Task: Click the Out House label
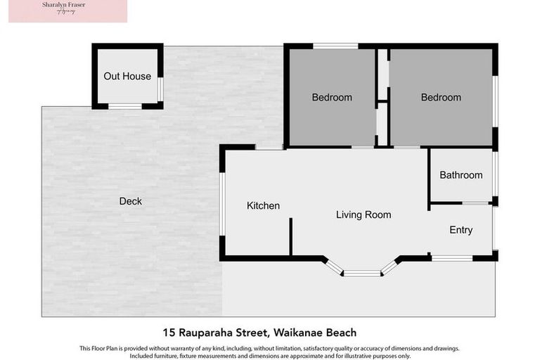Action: pos(127,76)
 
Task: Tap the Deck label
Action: pos(130,201)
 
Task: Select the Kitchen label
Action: pos(263,206)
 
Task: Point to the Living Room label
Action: pos(363,214)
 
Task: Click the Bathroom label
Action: pos(461,175)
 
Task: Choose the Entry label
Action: pos(461,230)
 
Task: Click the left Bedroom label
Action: pos(332,97)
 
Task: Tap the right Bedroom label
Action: pos(441,97)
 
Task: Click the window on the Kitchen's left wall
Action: pos(222,203)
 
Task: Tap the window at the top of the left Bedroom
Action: pos(335,46)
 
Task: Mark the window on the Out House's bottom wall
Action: pos(125,106)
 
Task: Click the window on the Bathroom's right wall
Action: pos(495,174)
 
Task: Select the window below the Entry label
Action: pos(451,258)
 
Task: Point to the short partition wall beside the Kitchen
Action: pos(290,236)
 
